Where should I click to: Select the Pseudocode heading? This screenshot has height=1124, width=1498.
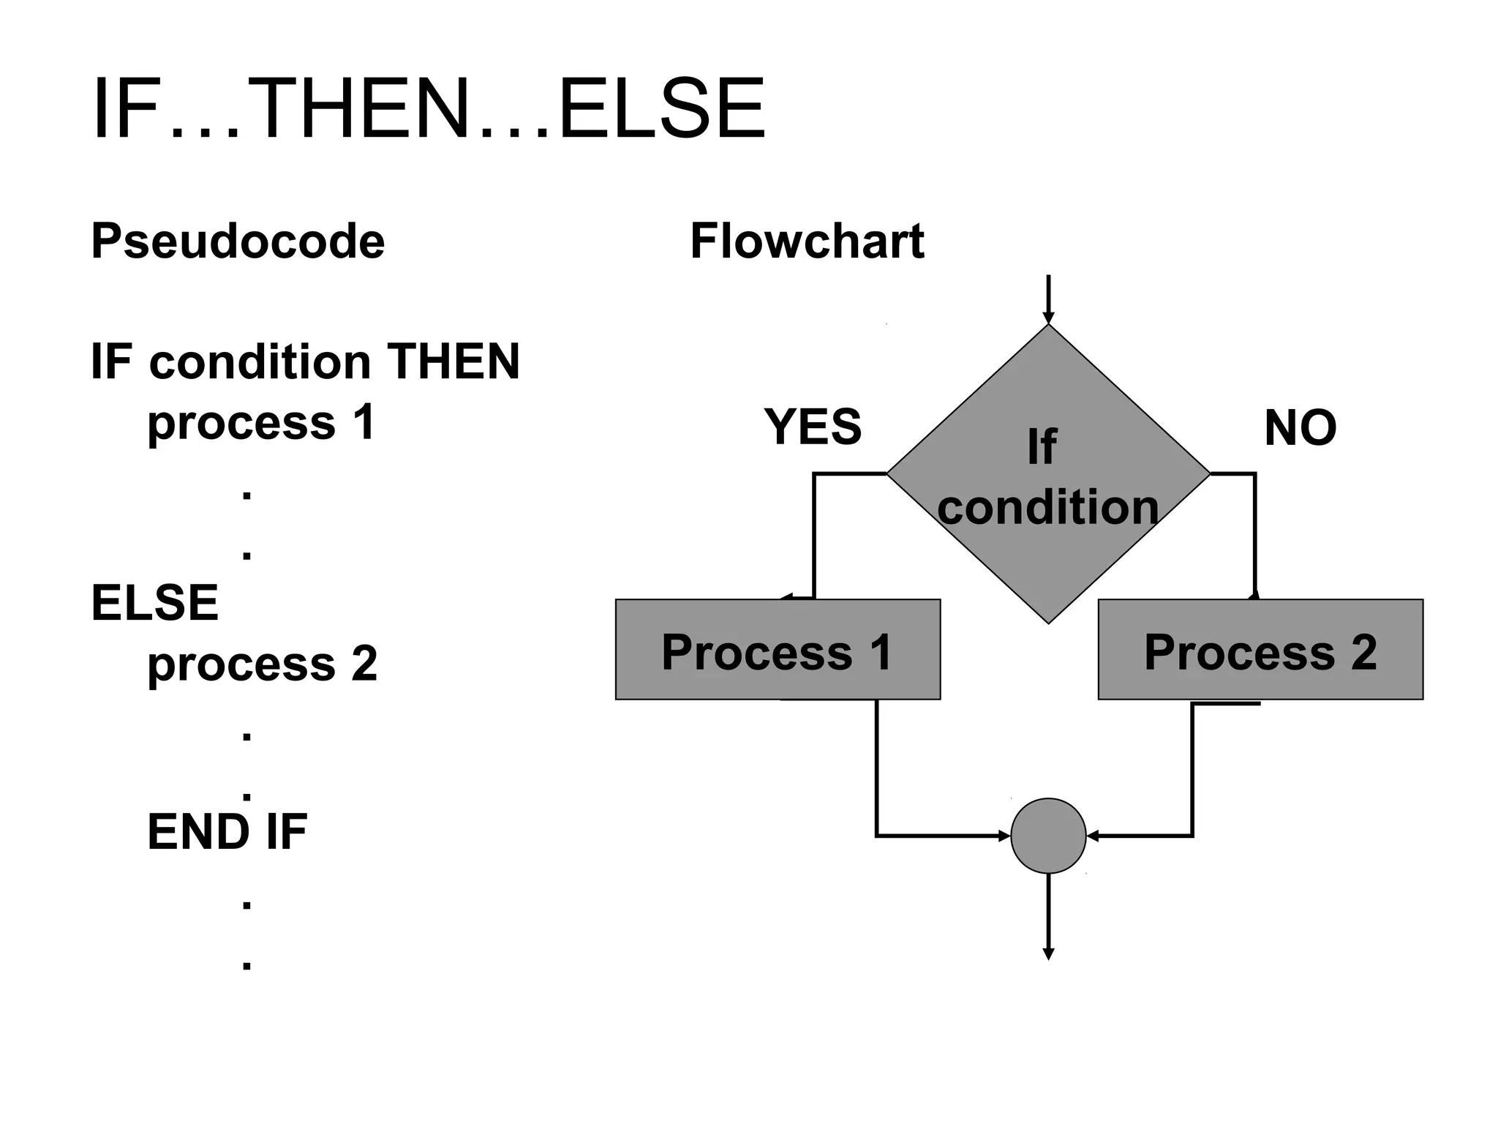(238, 241)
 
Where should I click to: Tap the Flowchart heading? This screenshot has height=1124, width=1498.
(807, 241)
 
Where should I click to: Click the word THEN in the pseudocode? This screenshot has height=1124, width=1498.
(453, 361)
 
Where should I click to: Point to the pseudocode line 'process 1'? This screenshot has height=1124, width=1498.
(262, 423)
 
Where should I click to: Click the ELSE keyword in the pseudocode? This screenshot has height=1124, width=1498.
(154, 603)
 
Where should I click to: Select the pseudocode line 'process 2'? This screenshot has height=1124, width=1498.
(263, 664)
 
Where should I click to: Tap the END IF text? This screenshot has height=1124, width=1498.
(227, 832)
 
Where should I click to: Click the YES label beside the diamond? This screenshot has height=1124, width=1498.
(813, 427)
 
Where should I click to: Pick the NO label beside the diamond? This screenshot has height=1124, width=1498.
(1301, 428)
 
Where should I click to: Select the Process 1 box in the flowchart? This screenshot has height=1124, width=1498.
(778, 650)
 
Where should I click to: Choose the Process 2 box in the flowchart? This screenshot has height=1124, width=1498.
(1260, 650)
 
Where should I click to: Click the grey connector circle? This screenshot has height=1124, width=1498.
(1048, 836)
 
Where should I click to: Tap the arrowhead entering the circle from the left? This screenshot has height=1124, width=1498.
(1004, 836)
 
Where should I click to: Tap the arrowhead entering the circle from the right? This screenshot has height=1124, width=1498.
(1093, 836)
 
